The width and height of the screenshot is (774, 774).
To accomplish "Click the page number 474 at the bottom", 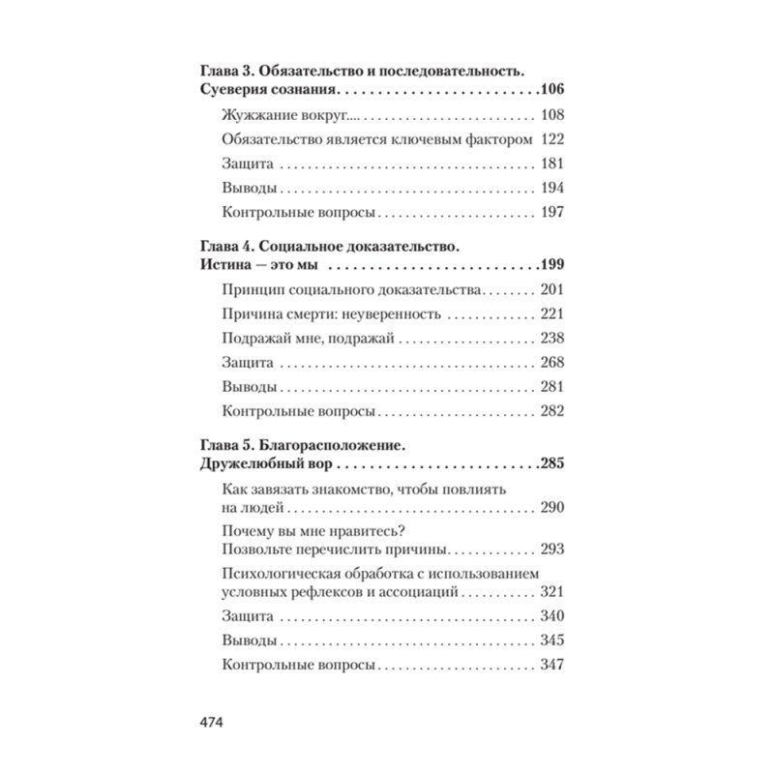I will [211, 724].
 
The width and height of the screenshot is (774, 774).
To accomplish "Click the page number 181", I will [551, 164].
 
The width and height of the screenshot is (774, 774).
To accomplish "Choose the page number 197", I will [551, 212].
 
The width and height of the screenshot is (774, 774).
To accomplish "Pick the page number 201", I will [551, 289].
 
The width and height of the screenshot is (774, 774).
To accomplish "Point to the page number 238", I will [551, 339].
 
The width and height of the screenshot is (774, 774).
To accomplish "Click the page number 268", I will [551, 363].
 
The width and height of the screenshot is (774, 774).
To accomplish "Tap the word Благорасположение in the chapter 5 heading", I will [329, 444].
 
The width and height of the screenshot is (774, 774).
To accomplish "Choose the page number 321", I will [551, 592].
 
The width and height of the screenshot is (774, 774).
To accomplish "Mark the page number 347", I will [551, 666].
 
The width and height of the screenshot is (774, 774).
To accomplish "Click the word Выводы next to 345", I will [251, 641].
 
